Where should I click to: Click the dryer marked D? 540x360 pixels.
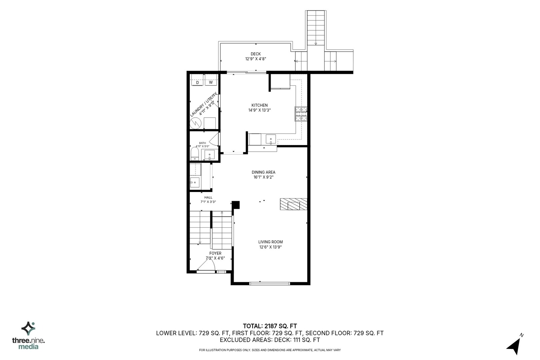point(197,82)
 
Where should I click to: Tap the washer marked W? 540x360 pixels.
point(211,82)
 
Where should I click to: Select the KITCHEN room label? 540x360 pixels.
point(259,105)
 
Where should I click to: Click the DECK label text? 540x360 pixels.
point(256,54)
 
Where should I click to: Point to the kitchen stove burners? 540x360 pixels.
point(301,114)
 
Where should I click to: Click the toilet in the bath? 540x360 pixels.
point(195,154)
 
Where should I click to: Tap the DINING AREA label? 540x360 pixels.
point(263,172)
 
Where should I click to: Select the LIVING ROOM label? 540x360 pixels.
point(270,242)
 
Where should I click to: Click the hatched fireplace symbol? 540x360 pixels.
point(293,204)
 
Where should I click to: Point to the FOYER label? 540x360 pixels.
point(215,253)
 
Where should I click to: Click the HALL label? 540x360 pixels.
point(208,197)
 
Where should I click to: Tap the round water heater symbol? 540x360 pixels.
point(196,123)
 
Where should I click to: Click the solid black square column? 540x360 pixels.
point(236,205)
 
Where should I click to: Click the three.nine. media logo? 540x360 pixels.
point(28,335)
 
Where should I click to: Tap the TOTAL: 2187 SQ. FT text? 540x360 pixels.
point(270,326)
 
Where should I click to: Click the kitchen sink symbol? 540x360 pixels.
point(271,139)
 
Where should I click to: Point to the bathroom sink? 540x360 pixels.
point(209,155)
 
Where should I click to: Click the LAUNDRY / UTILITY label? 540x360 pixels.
point(204,105)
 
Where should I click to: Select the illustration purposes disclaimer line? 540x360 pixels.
point(270,350)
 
